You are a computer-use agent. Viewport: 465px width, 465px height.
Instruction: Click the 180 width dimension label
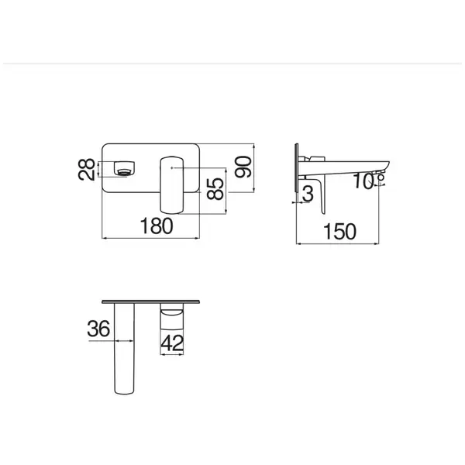tap(157, 226)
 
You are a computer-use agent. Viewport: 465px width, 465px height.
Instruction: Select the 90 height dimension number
tap(243, 167)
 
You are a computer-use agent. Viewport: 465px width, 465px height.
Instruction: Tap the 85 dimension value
tap(215, 188)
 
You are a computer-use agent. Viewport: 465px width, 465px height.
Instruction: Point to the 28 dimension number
tap(86, 170)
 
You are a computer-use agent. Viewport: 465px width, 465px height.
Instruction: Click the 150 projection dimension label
tap(339, 231)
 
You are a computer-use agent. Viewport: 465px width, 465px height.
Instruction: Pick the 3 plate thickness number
tap(308, 194)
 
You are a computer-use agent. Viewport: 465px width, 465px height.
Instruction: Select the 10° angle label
tap(369, 181)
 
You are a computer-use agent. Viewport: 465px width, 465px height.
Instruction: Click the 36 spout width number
tap(98, 329)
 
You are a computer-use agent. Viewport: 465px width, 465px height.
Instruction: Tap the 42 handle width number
tap(172, 343)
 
